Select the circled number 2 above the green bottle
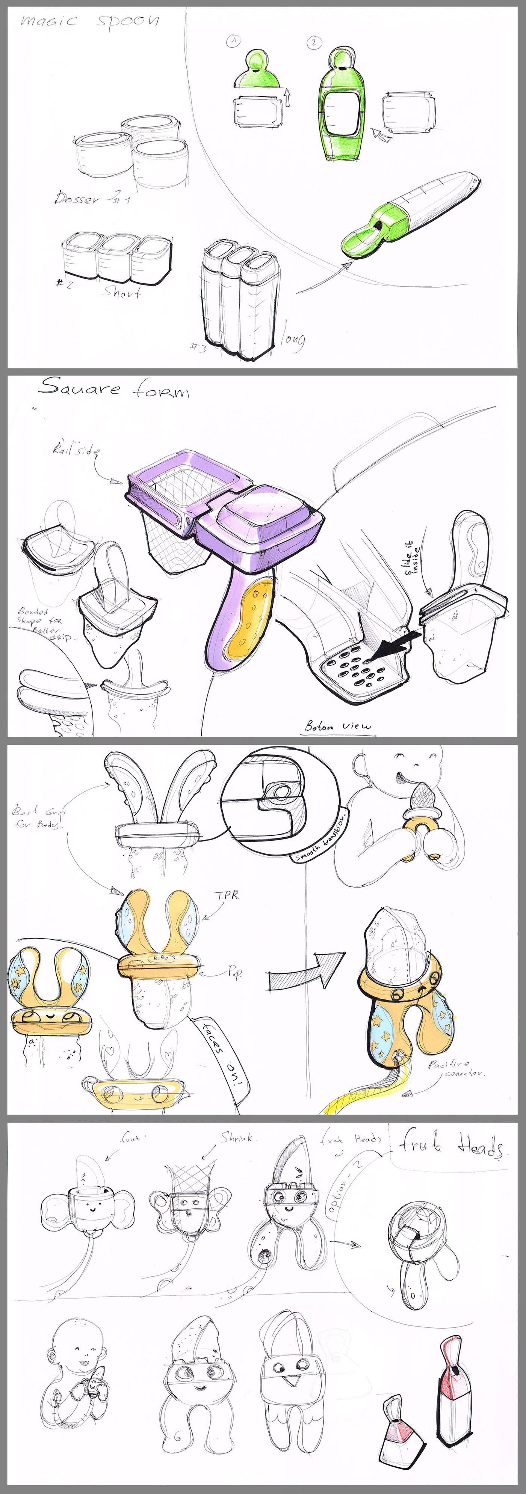(313, 42)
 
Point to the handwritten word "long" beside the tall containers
(293, 339)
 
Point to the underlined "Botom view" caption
(337, 726)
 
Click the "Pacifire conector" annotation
(456, 1068)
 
